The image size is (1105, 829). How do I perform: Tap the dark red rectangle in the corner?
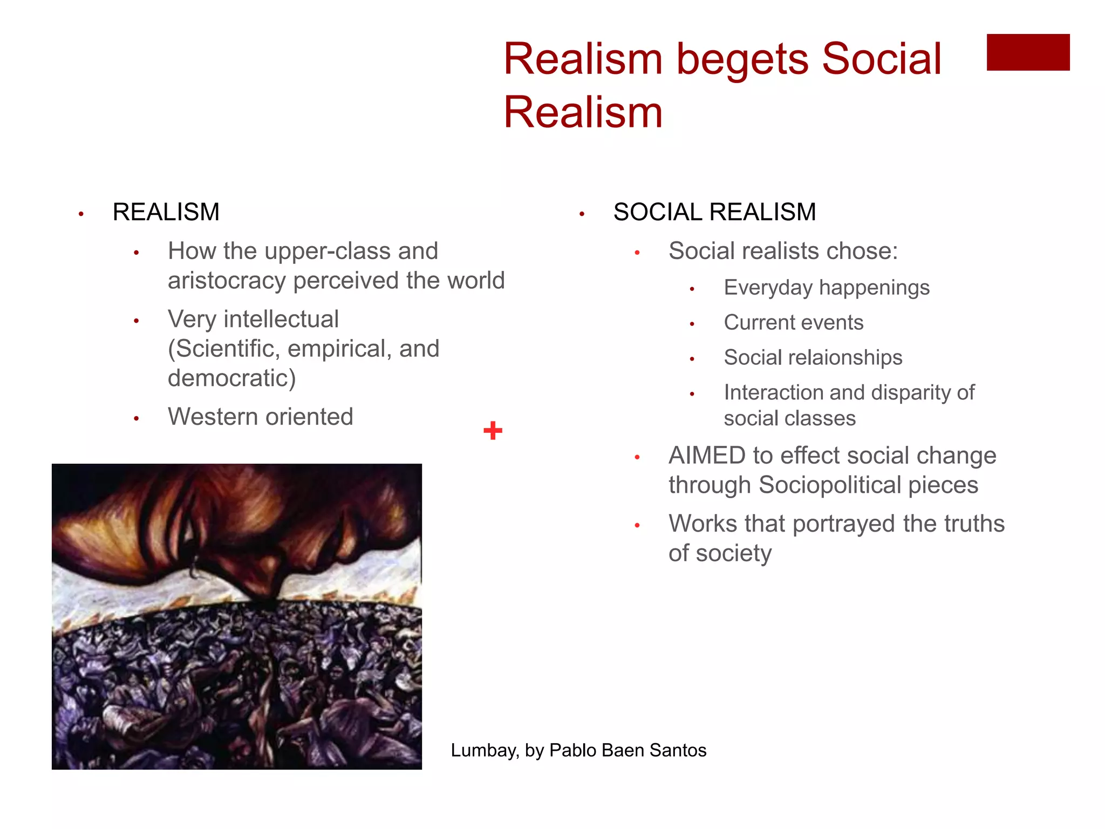[x=1028, y=52]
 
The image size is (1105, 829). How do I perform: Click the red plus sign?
[x=493, y=431]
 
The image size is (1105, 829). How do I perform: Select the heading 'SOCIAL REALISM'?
[x=714, y=212]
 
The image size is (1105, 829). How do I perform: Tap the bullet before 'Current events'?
[x=692, y=324]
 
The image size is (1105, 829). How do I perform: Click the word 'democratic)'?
[x=232, y=378]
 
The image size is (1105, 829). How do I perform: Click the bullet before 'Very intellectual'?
[x=137, y=321]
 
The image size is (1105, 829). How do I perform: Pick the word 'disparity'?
[x=910, y=392]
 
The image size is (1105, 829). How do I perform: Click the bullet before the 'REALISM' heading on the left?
[x=81, y=214]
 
